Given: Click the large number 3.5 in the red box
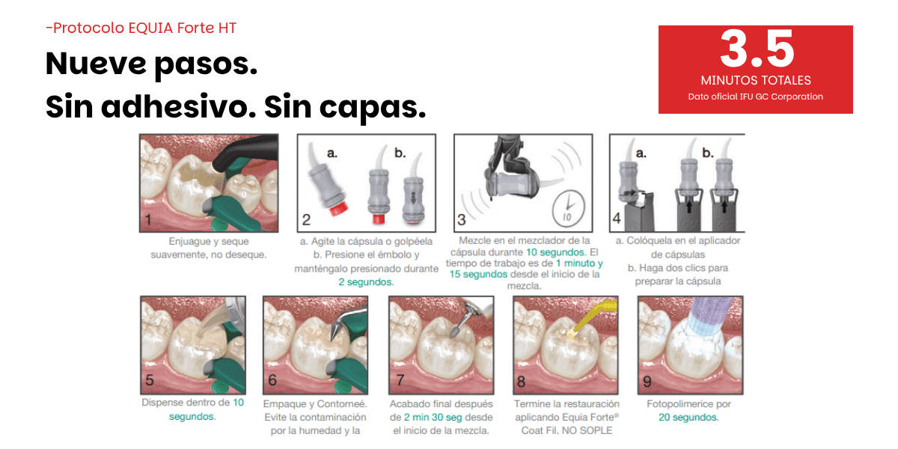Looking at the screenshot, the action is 757,49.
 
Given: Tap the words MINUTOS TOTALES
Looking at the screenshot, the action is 756,80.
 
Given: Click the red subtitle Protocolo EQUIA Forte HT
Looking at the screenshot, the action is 141,28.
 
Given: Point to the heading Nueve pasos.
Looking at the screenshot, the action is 151,64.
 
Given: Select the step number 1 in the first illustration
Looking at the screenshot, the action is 148,220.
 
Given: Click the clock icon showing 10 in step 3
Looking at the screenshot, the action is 569,209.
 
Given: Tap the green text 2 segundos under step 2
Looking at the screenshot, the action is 366,282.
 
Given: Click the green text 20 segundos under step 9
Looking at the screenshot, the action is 688,418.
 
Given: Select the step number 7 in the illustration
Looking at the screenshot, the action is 400,379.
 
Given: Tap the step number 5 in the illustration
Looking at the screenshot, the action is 150,379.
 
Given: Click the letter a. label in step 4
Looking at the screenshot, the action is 641,153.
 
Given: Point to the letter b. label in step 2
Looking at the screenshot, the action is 400,153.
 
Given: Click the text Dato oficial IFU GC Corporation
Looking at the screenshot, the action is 756,97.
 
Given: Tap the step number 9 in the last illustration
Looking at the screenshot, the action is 647,381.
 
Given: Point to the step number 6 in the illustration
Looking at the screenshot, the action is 272,379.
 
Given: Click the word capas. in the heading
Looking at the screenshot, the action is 373,108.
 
